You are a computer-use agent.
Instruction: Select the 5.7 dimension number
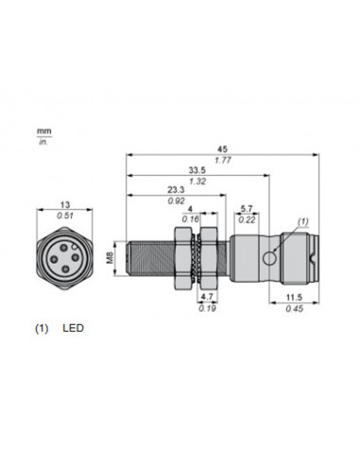coord(247,208)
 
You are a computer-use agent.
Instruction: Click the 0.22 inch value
coord(247,220)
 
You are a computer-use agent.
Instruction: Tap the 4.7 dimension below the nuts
coord(207,296)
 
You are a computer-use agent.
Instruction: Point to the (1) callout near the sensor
coord(302,222)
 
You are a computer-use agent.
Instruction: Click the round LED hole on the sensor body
coord(271,256)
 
